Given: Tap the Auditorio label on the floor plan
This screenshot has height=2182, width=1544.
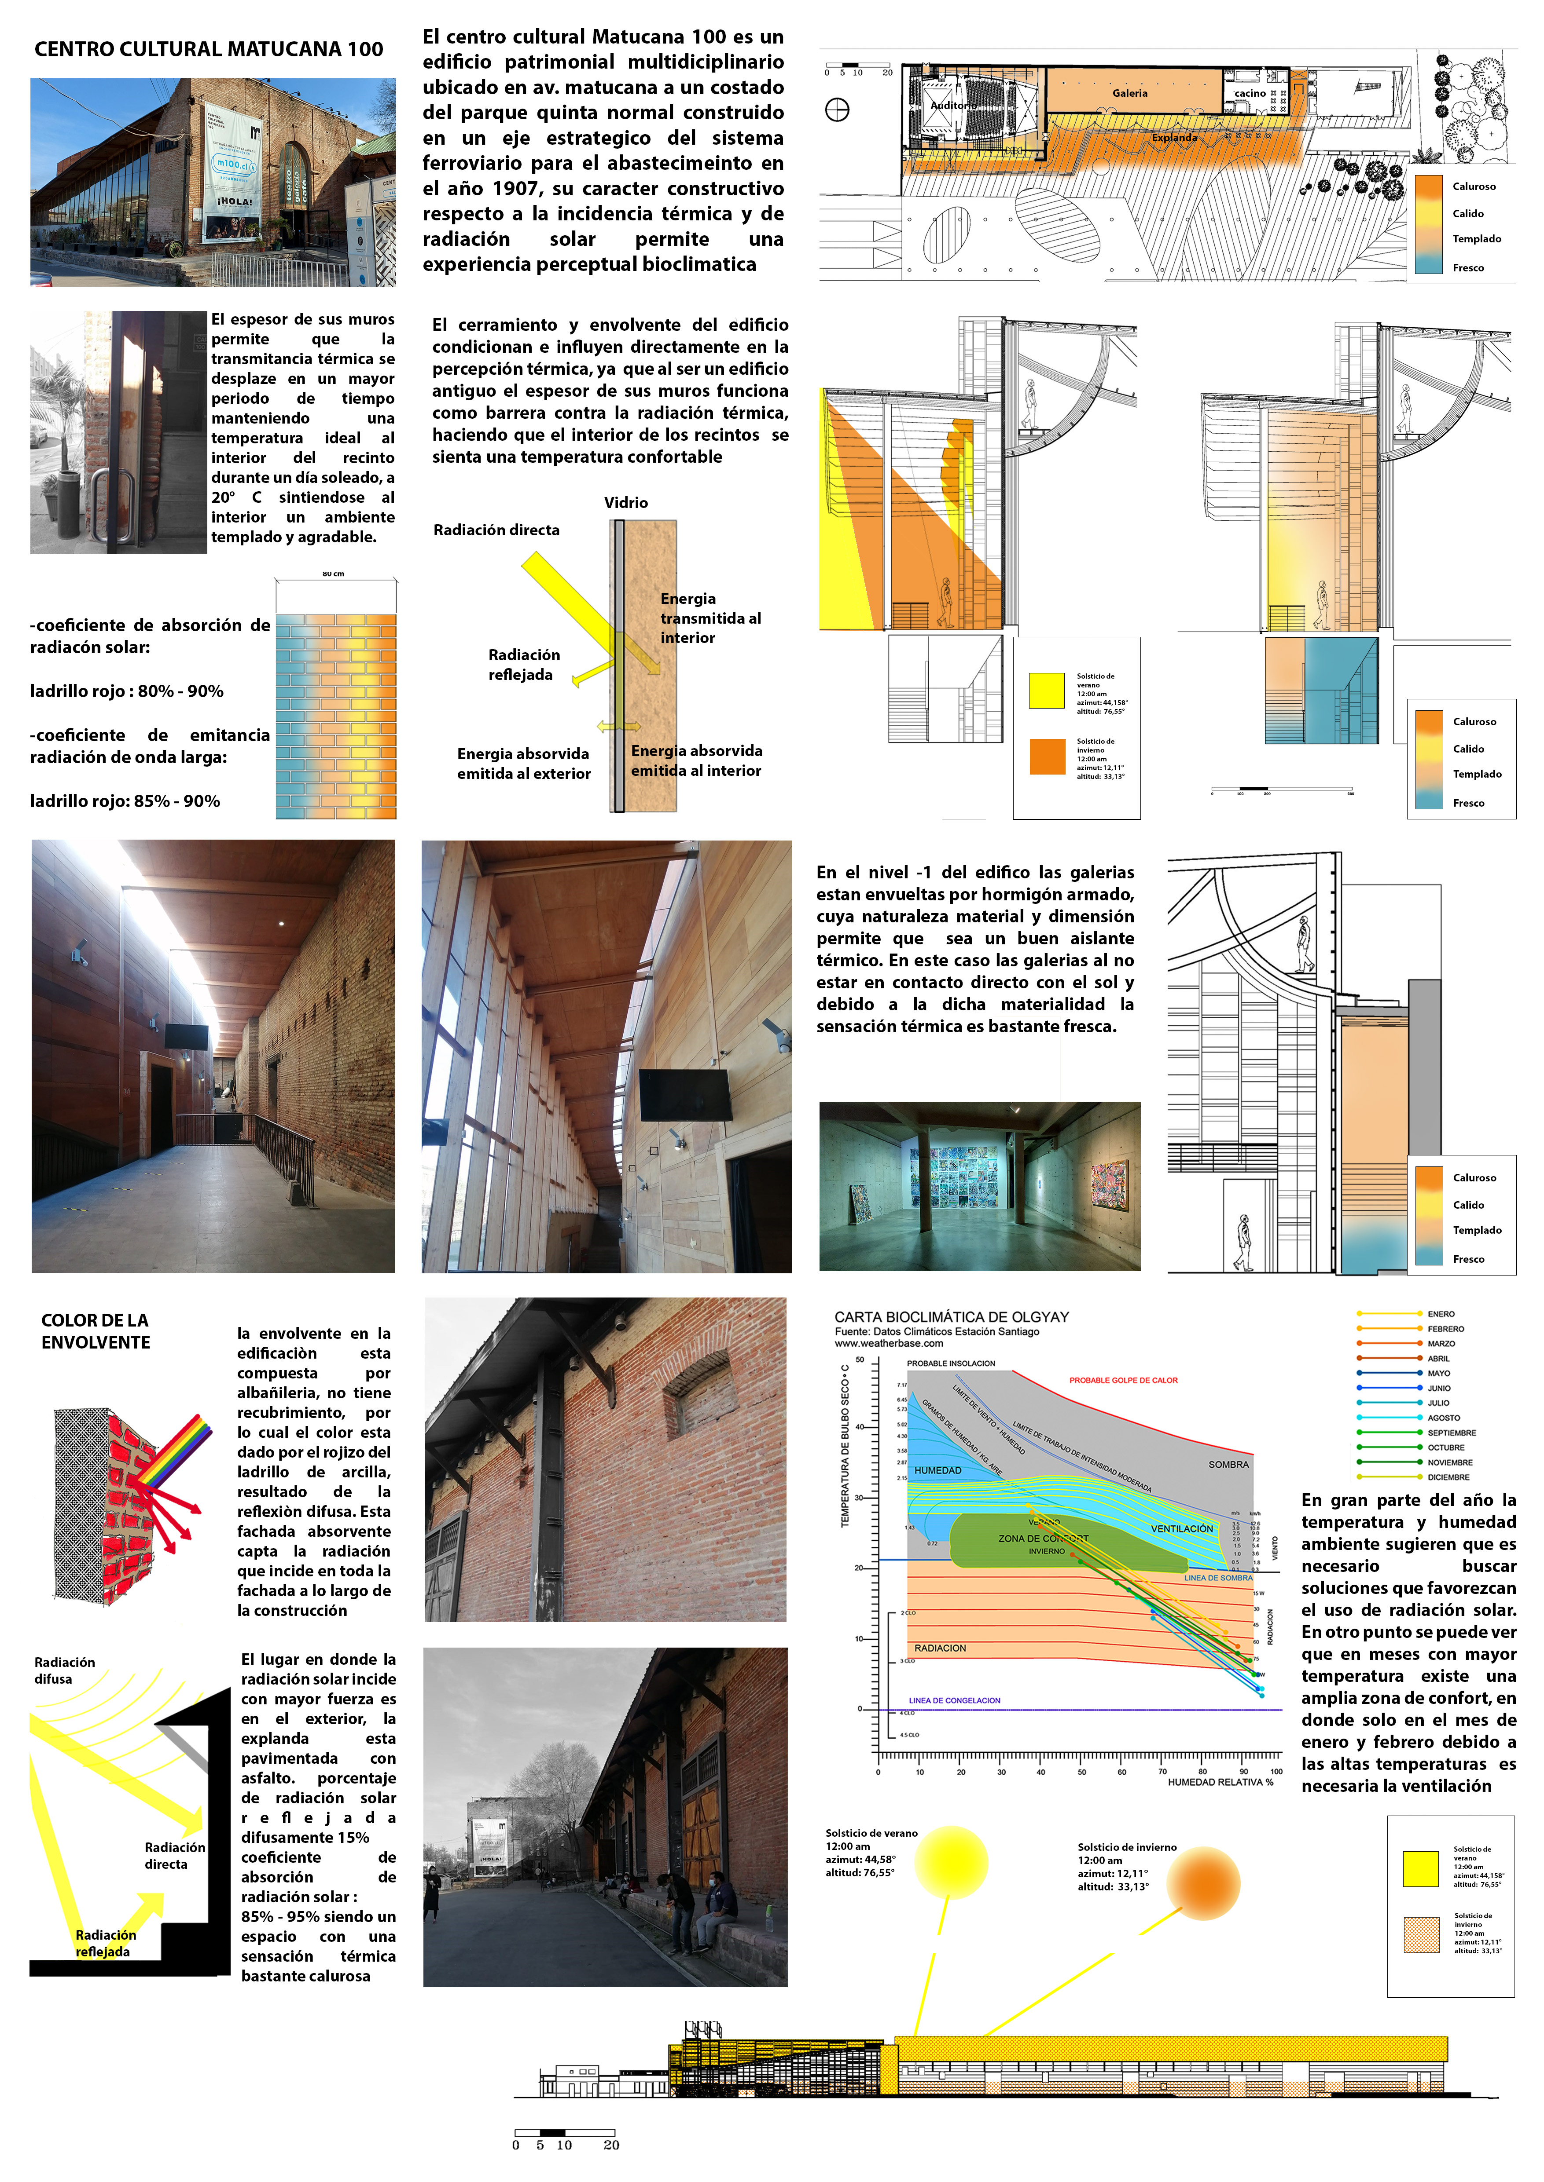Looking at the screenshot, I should [954, 106].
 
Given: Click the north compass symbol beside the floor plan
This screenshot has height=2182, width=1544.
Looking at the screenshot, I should [837, 110].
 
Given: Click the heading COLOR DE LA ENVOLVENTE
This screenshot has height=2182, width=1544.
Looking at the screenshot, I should [95, 1330].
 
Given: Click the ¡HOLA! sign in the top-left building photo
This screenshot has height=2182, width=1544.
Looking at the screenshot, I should [234, 201].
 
